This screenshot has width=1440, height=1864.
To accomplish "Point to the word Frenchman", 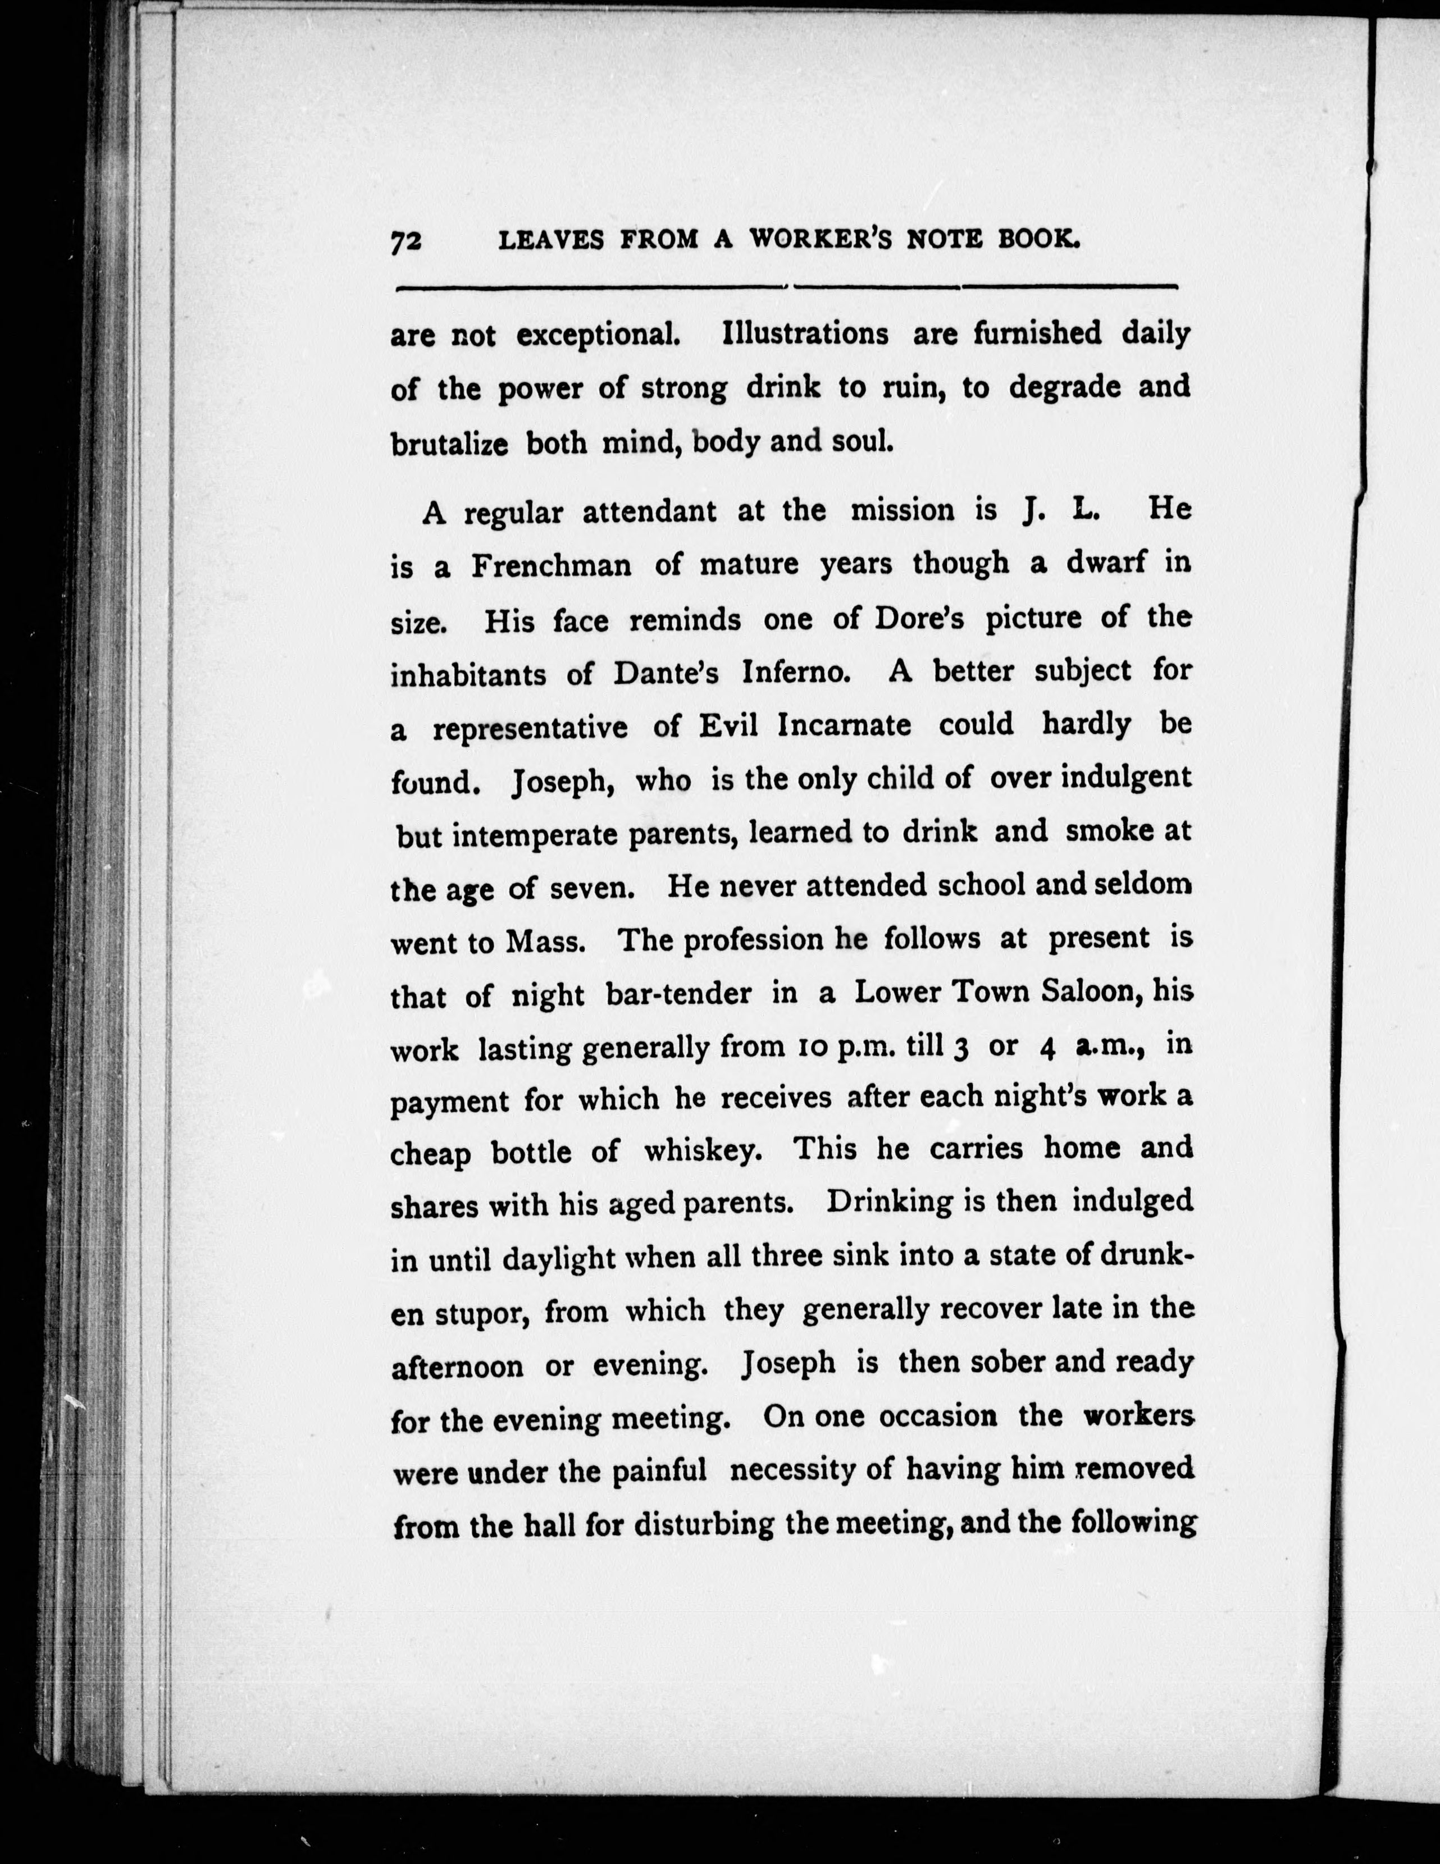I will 552,566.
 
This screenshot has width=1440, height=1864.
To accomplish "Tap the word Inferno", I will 796,673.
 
